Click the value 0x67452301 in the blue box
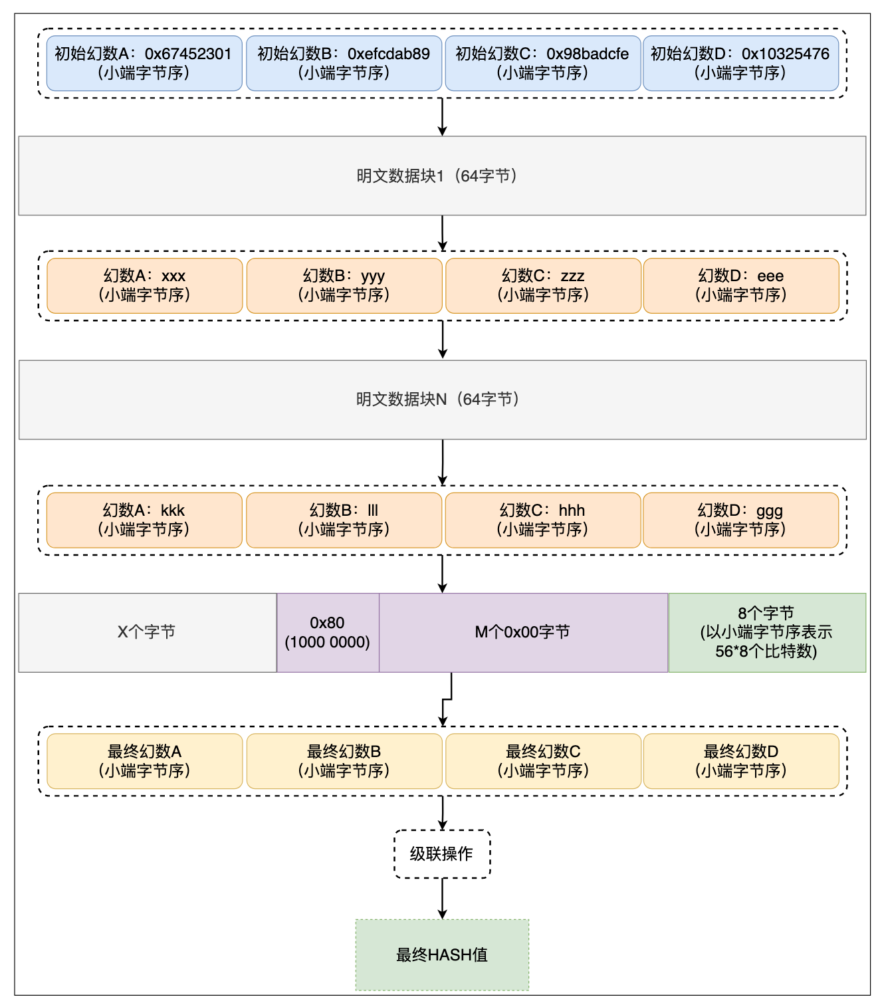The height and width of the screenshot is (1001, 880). pos(187,53)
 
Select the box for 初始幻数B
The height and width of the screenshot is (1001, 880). pos(344,62)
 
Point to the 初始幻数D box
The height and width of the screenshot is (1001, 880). pos(740,62)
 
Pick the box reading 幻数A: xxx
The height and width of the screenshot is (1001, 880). pos(144,285)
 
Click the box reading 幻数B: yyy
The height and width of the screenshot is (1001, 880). pos(344,285)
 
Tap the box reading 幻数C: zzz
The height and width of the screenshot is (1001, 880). pos(543,285)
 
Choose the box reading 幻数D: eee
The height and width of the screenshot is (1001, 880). pos(740,285)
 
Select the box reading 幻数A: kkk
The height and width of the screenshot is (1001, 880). pos(144,520)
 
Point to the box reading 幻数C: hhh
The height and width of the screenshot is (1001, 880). pos(542,520)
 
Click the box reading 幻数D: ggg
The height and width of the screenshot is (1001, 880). pos(740,520)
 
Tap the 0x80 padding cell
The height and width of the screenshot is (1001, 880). pos(328,632)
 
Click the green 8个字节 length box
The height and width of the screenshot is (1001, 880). pos(766,632)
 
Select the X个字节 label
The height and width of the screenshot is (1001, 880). pos(146,631)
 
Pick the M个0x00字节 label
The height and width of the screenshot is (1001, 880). pos(522,631)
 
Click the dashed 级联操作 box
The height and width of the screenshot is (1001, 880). pos(442,853)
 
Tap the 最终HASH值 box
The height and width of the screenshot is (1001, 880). pos(442,954)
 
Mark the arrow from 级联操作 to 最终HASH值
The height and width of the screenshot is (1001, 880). pos(442,898)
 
